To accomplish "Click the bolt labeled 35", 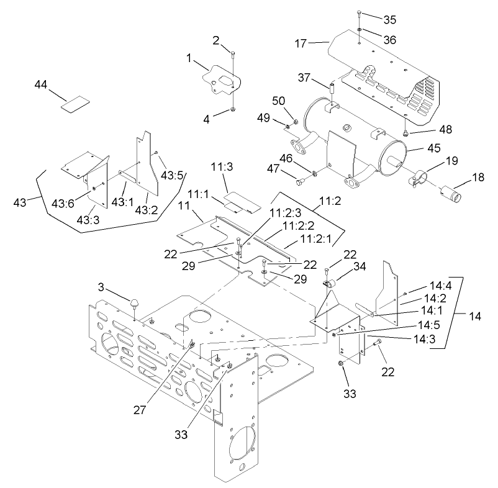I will (360, 15).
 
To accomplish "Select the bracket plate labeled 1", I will (220, 79).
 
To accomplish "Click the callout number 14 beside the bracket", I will (474, 316).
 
